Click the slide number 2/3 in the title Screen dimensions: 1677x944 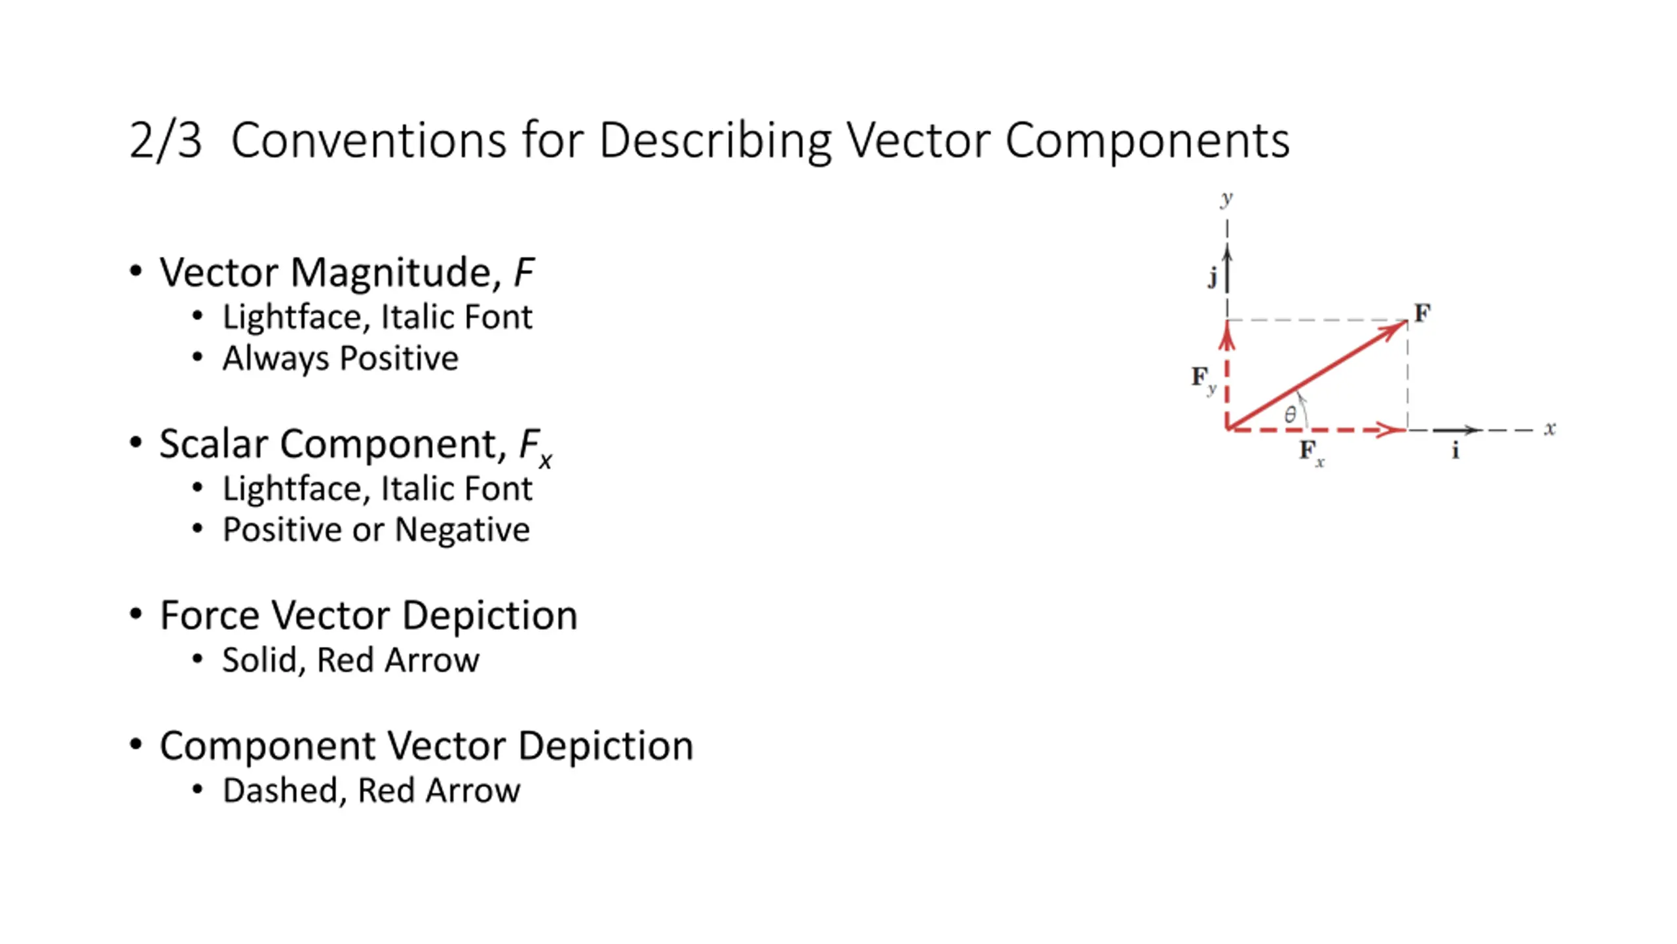pos(166,140)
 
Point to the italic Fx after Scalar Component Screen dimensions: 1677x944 pos(536,447)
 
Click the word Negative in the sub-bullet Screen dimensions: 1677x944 pos(462,530)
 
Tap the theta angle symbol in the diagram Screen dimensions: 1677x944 pos(1290,414)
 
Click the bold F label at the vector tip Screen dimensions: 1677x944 pos(1422,313)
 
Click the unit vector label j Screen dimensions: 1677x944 pos(1213,278)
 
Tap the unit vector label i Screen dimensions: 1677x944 pos(1456,450)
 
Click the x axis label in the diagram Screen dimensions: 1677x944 pos(1550,429)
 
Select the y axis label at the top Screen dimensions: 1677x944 pos(1226,199)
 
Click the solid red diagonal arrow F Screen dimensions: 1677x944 pos(1317,375)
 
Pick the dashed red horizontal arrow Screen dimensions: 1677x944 pos(1316,430)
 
